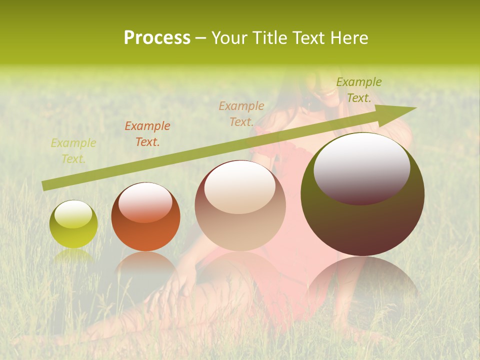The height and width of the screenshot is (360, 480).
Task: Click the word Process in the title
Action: click(x=157, y=38)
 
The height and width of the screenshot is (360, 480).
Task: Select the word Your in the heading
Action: click(x=229, y=38)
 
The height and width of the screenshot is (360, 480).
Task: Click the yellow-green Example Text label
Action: click(x=73, y=151)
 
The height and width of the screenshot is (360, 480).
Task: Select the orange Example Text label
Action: click(x=147, y=134)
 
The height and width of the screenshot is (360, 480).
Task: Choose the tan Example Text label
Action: click(x=241, y=113)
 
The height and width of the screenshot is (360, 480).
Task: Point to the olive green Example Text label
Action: click(x=358, y=90)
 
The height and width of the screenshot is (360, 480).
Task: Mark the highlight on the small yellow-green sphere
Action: click(x=73, y=214)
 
